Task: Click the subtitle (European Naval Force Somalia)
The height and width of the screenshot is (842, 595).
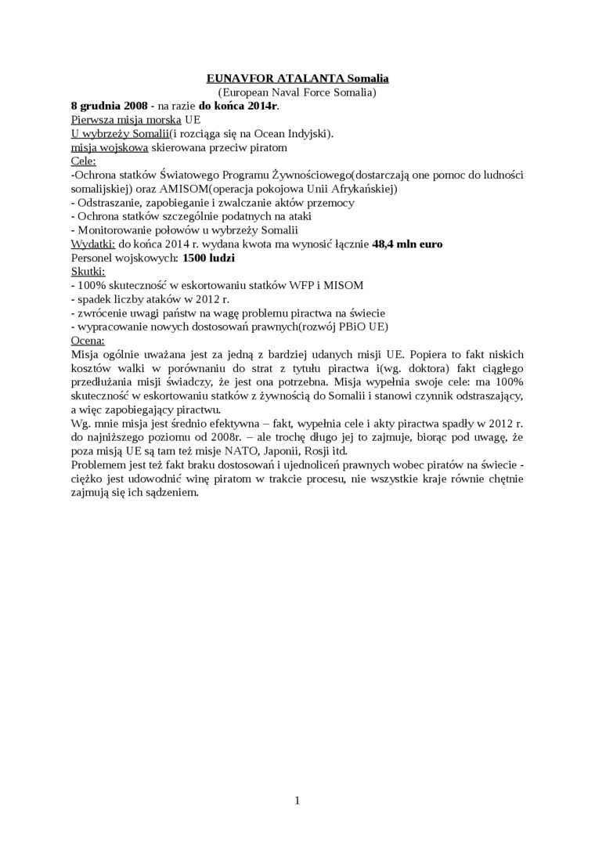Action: point(297,92)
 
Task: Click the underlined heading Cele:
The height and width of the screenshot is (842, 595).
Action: point(84,161)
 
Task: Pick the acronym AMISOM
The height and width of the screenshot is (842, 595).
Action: point(211,189)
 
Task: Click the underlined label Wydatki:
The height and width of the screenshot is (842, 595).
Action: point(93,244)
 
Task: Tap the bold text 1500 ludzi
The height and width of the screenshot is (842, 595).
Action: point(209,258)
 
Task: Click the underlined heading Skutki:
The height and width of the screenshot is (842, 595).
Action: point(88,271)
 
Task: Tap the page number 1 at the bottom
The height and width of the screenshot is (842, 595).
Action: point(297,800)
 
